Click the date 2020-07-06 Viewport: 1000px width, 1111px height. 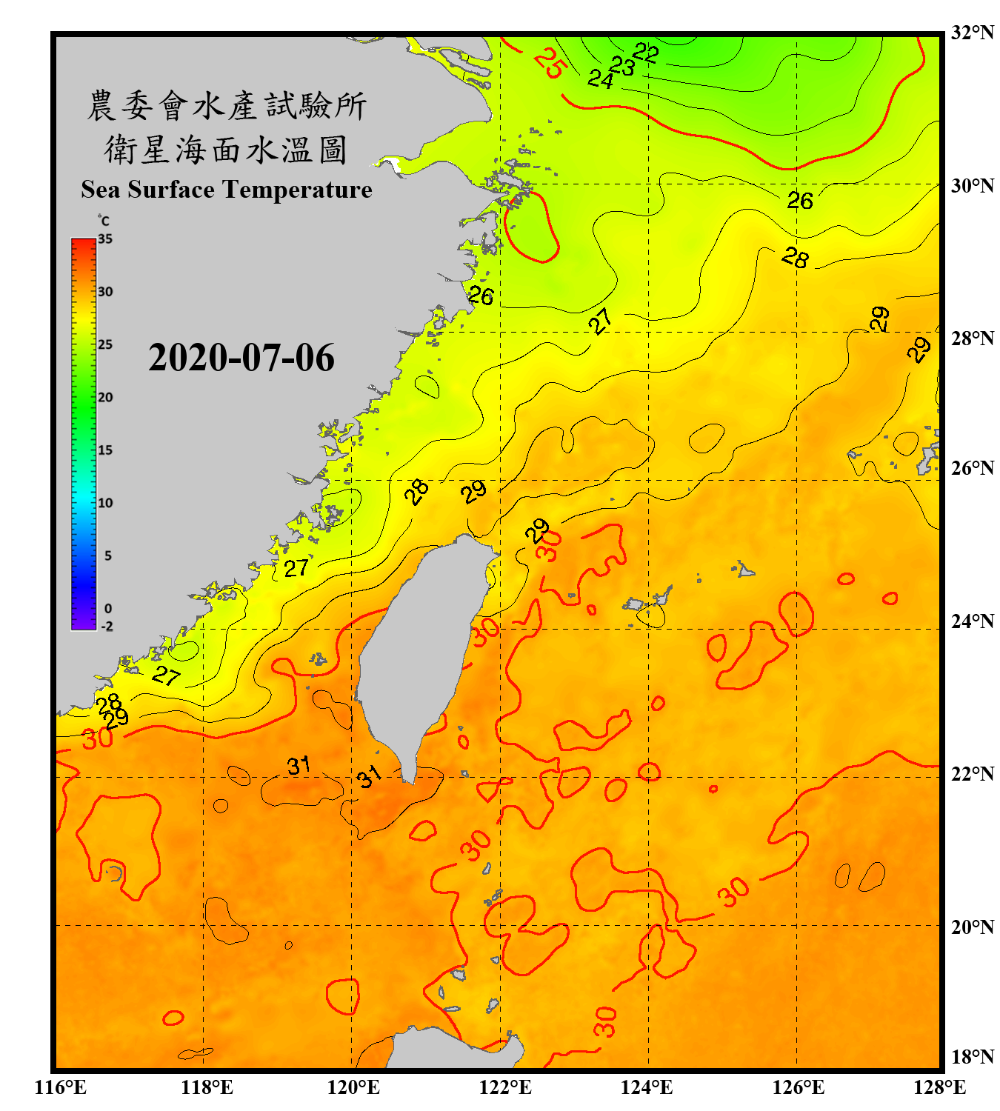[241, 358]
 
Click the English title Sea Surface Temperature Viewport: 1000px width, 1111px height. [226, 190]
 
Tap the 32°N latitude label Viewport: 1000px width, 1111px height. [972, 33]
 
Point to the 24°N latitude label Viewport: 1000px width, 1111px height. [972, 621]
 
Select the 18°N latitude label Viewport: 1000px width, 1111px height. [972, 1056]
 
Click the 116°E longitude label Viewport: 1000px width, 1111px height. [61, 1087]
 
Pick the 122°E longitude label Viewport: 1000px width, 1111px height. [505, 1087]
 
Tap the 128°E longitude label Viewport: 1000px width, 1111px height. [939, 1087]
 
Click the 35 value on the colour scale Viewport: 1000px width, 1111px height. [105, 239]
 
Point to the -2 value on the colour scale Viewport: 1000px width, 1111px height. [107, 626]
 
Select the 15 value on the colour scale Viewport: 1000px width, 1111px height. [105, 450]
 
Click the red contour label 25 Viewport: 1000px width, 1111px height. [550, 63]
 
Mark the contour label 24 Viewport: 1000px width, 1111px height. [601, 79]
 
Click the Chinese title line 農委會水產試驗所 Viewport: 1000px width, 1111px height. [226, 106]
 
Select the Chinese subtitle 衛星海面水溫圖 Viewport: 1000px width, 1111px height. [226, 150]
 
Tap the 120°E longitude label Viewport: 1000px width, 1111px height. [353, 1087]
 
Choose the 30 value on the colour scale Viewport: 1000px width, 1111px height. [105, 292]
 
